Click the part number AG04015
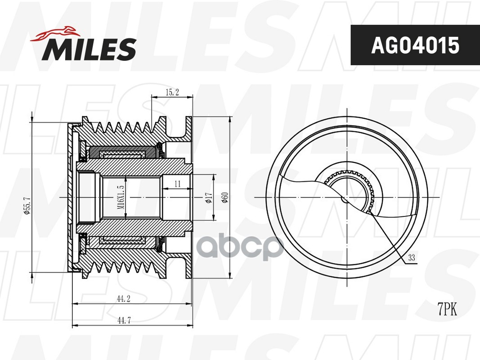pyautogui.click(x=415, y=45)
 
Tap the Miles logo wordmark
pyautogui.click(x=89, y=49)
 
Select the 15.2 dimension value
pyautogui.click(x=172, y=93)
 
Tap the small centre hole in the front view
pyautogui.click(x=345, y=198)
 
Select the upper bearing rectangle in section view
pyautogui.click(x=121, y=154)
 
